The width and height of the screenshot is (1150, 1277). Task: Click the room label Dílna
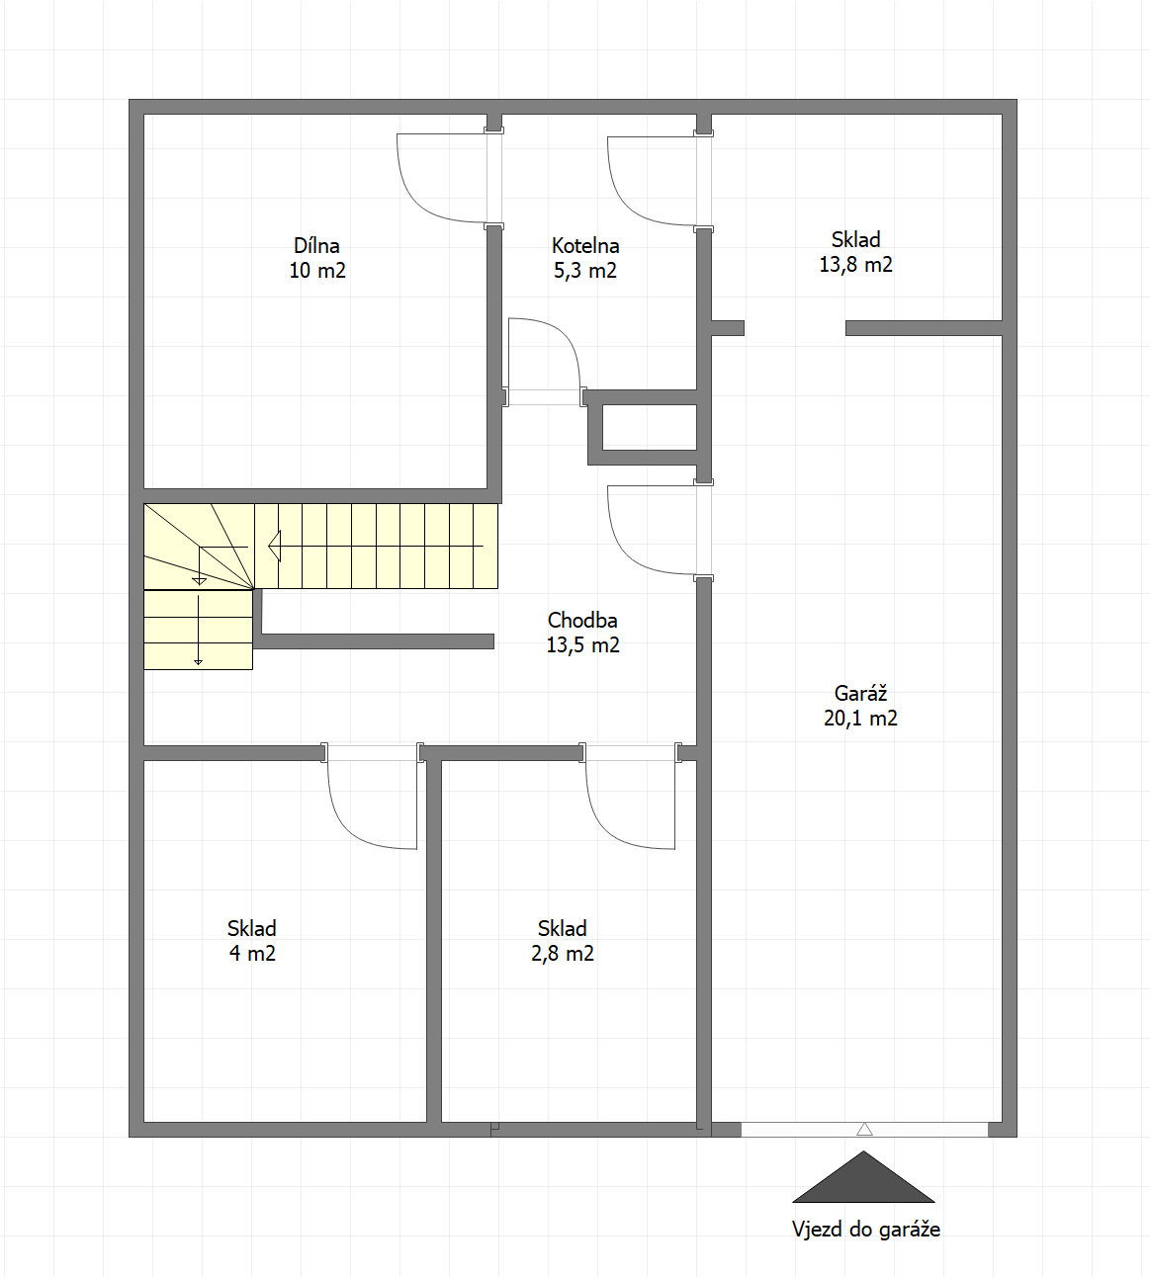pyautogui.click(x=316, y=246)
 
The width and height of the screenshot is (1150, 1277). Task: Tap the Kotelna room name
pyautogui.click(x=584, y=246)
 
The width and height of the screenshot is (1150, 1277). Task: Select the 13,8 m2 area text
pyautogui.click(x=855, y=265)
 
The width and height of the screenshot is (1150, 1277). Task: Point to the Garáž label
pyautogui.click(x=860, y=693)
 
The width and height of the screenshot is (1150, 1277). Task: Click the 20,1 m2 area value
pyautogui.click(x=860, y=719)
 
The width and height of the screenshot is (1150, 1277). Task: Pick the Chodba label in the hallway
pyautogui.click(x=582, y=620)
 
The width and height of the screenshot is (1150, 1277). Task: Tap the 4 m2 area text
pyautogui.click(x=252, y=953)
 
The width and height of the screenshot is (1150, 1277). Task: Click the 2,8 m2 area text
pyautogui.click(x=562, y=953)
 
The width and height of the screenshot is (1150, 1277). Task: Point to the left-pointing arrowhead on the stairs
pyautogui.click(x=275, y=547)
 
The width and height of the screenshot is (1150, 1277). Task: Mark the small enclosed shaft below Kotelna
pyautogui.click(x=649, y=427)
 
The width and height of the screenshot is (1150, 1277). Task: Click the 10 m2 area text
pyautogui.click(x=317, y=271)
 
